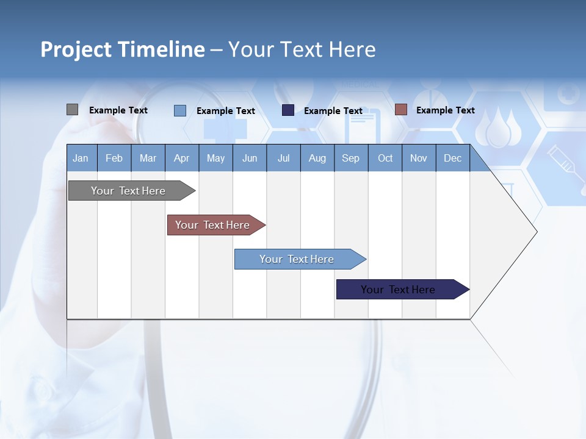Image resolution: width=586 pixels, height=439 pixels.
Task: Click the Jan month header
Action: (x=81, y=159)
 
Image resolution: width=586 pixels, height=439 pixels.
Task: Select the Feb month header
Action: (x=114, y=159)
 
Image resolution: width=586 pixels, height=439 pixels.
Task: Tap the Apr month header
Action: (x=182, y=159)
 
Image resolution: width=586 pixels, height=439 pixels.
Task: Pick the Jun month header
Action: (x=250, y=159)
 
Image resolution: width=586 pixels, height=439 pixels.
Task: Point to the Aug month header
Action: (x=317, y=159)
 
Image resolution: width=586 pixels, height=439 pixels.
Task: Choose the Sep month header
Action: (x=351, y=159)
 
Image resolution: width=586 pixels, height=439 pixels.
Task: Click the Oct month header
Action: (x=385, y=159)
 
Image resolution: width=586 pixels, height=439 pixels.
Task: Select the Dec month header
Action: (x=453, y=159)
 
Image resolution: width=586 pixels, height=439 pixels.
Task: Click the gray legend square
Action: (x=72, y=110)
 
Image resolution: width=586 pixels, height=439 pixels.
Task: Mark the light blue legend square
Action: (x=180, y=110)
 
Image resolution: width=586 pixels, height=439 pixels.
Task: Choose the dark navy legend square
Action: (x=288, y=110)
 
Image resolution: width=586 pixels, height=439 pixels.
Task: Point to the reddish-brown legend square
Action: (x=400, y=110)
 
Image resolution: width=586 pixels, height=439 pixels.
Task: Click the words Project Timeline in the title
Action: (x=123, y=49)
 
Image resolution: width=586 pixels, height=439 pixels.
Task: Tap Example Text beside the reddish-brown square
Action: (x=445, y=110)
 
